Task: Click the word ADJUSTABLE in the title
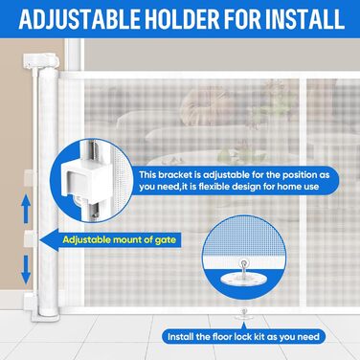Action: click(79, 19)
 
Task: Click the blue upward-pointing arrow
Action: click(27, 209)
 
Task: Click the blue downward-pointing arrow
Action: click(27, 269)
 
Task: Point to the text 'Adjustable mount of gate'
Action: click(120, 239)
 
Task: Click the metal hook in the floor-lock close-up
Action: click(244, 266)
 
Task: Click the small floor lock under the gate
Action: click(244, 313)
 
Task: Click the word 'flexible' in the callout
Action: click(214, 186)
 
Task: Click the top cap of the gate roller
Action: click(41, 60)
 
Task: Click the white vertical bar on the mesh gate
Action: click(303, 192)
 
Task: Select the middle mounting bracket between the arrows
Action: click(31, 239)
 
